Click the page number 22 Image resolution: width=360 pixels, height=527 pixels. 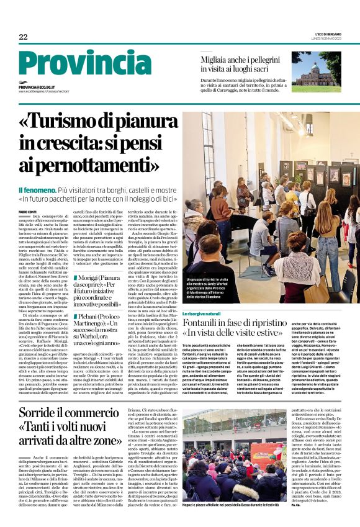point(23,37)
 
